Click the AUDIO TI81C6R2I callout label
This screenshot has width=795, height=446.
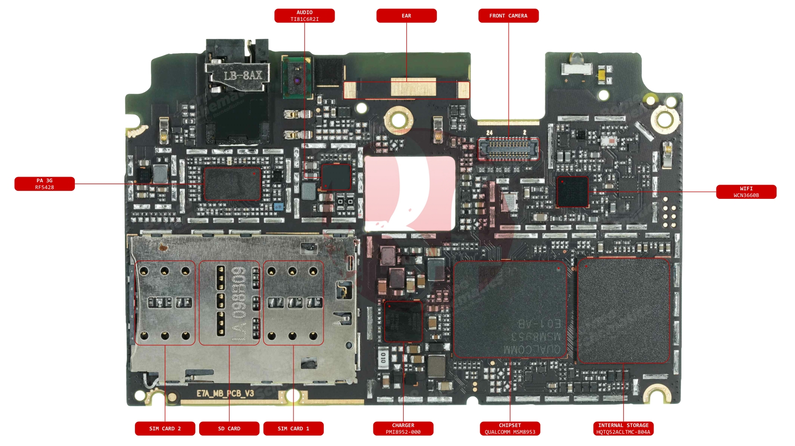[304, 16]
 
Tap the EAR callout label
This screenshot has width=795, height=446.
[406, 16]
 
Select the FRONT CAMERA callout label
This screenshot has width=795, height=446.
[508, 16]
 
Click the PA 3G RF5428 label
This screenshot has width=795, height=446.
[44, 184]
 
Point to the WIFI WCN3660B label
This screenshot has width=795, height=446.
[746, 192]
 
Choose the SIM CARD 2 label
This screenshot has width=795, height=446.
[165, 428]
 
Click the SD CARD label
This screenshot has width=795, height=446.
[229, 428]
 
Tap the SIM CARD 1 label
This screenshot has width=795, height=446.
[293, 428]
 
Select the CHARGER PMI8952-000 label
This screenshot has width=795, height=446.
[403, 428]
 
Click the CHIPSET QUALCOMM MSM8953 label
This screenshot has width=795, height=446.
[510, 428]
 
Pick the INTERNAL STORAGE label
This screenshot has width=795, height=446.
[623, 428]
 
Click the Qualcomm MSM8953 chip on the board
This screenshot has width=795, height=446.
[510, 309]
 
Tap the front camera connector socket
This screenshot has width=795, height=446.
[508, 149]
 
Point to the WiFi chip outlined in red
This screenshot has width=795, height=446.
[572, 192]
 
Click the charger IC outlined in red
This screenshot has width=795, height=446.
[403, 321]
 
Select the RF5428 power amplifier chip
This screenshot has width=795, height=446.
[232, 184]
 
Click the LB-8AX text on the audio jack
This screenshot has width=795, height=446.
[242, 75]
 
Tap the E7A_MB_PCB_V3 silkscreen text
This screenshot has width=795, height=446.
[225, 393]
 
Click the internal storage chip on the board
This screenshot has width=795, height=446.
[623, 311]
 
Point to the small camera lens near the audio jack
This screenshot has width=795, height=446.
[297, 81]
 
